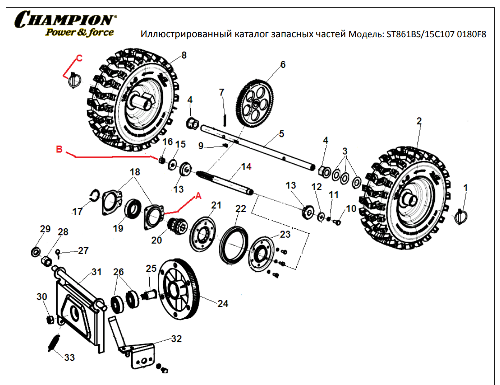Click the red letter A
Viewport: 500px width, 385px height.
199,196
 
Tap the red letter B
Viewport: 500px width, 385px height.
59,149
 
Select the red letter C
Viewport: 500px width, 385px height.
79,58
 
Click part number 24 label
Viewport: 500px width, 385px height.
223,304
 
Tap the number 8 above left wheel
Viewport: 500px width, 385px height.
184,56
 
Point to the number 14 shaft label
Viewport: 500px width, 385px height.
246,167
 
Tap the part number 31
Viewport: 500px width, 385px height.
97,272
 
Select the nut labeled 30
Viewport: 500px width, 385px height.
51,319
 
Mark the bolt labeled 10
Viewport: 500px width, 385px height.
338,221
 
